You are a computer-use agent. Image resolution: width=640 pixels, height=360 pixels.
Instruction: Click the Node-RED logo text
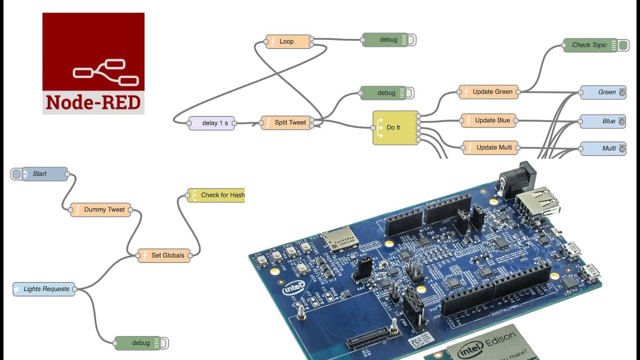pyautogui.click(x=93, y=102)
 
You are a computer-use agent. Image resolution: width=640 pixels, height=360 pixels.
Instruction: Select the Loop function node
pyautogui.click(x=288, y=41)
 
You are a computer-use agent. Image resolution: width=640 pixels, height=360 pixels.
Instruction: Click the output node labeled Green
pyautogui.click(x=603, y=92)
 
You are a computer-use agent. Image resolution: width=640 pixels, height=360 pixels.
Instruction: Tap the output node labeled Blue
pyautogui.click(x=603, y=121)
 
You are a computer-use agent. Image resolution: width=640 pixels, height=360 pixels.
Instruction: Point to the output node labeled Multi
pyautogui.click(x=603, y=148)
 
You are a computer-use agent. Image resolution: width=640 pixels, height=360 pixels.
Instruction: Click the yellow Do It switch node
pyautogui.click(x=395, y=128)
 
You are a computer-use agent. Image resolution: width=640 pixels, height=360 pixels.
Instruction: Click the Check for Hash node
pyautogui.click(x=217, y=195)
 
